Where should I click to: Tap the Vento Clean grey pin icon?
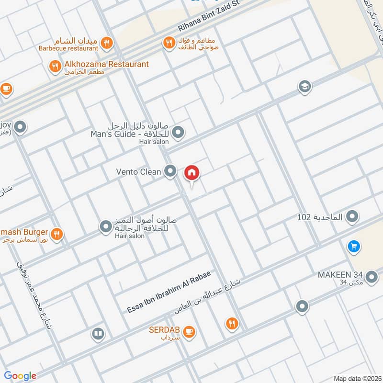[170, 171]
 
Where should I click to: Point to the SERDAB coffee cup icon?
[189, 331]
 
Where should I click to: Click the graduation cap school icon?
[304, 87]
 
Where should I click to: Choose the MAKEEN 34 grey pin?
[371, 277]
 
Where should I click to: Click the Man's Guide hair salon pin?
[178, 132]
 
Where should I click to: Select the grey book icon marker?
[98, 333]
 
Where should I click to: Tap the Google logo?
[20, 376]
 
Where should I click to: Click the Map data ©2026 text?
[356, 378]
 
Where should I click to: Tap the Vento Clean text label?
[138, 171]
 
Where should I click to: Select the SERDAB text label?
[164, 330]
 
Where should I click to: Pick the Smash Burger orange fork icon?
[57, 234]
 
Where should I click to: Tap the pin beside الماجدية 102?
[352, 217]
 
